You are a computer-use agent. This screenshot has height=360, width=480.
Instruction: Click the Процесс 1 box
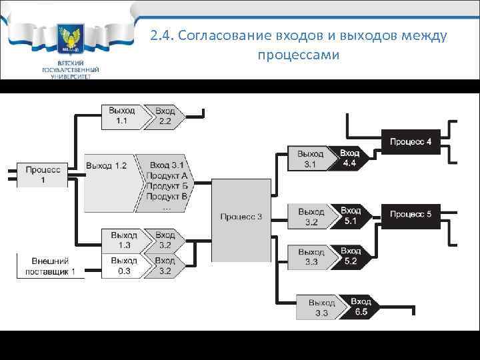pyautogui.click(x=43, y=175)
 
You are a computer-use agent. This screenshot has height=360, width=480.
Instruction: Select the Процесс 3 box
pyautogui.click(x=241, y=216)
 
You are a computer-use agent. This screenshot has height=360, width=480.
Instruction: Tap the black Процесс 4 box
pyautogui.click(x=411, y=142)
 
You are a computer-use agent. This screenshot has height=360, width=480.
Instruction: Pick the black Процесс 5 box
pyautogui.click(x=411, y=214)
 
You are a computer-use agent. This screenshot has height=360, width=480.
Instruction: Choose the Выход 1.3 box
pyautogui.click(x=123, y=240)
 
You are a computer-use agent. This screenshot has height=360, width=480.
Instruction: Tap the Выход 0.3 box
pyautogui.click(x=123, y=265)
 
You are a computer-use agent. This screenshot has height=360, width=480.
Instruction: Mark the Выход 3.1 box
pyautogui.click(x=311, y=159)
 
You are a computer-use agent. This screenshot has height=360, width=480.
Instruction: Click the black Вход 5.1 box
pyautogui.click(x=352, y=215)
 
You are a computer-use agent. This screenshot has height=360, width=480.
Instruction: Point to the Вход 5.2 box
pyautogui.click(x=352, y=256)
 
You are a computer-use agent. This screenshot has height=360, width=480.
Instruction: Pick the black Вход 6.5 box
pyautogui.click(x=361, y=307)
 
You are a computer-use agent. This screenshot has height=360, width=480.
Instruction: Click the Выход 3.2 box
pyautogui.click(x=311, y=216)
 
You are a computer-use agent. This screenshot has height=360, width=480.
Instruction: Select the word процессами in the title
pyautogui.click(x=297, y=55)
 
